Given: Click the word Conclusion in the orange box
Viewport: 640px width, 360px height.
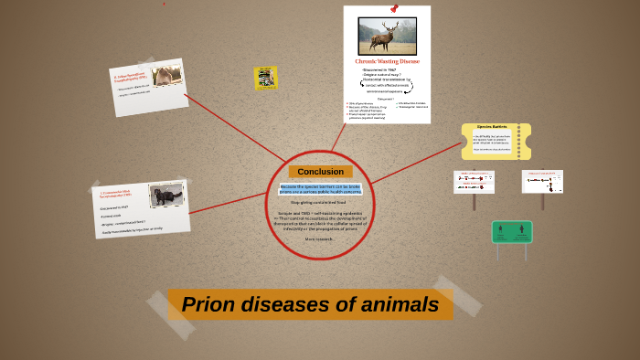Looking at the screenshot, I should click(x=320, y=172).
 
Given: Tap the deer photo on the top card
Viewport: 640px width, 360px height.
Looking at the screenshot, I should click(x=387, y=37).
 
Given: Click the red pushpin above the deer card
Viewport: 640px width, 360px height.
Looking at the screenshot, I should click(x=394, y=8).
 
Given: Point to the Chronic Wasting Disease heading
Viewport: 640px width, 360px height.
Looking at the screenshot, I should click(x=387, y=61).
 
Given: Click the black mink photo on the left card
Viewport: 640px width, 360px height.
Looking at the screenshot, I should click(x=166, y=196).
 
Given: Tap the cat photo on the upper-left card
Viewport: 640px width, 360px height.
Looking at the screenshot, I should click(x=166, y=76).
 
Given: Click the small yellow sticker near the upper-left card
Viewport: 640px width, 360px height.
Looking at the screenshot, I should click(x=266, y=77).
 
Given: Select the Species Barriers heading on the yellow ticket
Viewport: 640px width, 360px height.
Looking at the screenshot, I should click(x=492, y=127).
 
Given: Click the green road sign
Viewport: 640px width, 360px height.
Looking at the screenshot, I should click(x=512, y=232).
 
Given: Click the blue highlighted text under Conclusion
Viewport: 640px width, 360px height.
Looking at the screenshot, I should click(x=320, y=189).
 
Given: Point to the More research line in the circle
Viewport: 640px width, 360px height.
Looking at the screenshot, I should click(x=320, y=238).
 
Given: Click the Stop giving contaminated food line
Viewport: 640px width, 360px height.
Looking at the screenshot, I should click(x=320, y=202).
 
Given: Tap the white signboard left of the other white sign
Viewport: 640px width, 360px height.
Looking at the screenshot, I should click(x=474, y=181).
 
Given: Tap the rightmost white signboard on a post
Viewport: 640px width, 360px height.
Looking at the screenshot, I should click(x=542, y=181).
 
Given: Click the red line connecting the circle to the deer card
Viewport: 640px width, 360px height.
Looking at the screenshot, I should click(x=337, y=138).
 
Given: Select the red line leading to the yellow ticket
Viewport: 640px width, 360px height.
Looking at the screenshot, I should click(x=416, y=164).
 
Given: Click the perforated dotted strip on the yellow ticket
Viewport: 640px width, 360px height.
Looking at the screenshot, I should click(x=519, y=142).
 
